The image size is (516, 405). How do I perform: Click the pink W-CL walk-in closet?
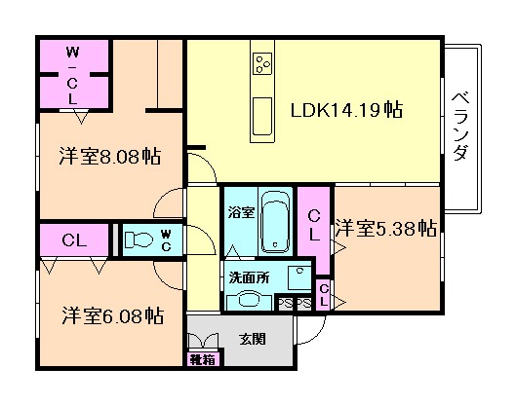73,74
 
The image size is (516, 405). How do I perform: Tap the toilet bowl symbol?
140,239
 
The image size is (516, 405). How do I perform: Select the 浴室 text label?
240,210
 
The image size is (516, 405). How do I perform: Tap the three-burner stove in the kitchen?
263,64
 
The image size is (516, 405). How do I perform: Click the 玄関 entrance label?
253,339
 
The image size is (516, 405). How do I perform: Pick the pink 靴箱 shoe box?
205,357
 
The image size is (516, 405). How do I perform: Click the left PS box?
285,303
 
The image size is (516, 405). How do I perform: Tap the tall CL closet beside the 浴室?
315,225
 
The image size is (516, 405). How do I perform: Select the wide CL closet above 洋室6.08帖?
75,238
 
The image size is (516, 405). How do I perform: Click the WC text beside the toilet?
167,238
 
